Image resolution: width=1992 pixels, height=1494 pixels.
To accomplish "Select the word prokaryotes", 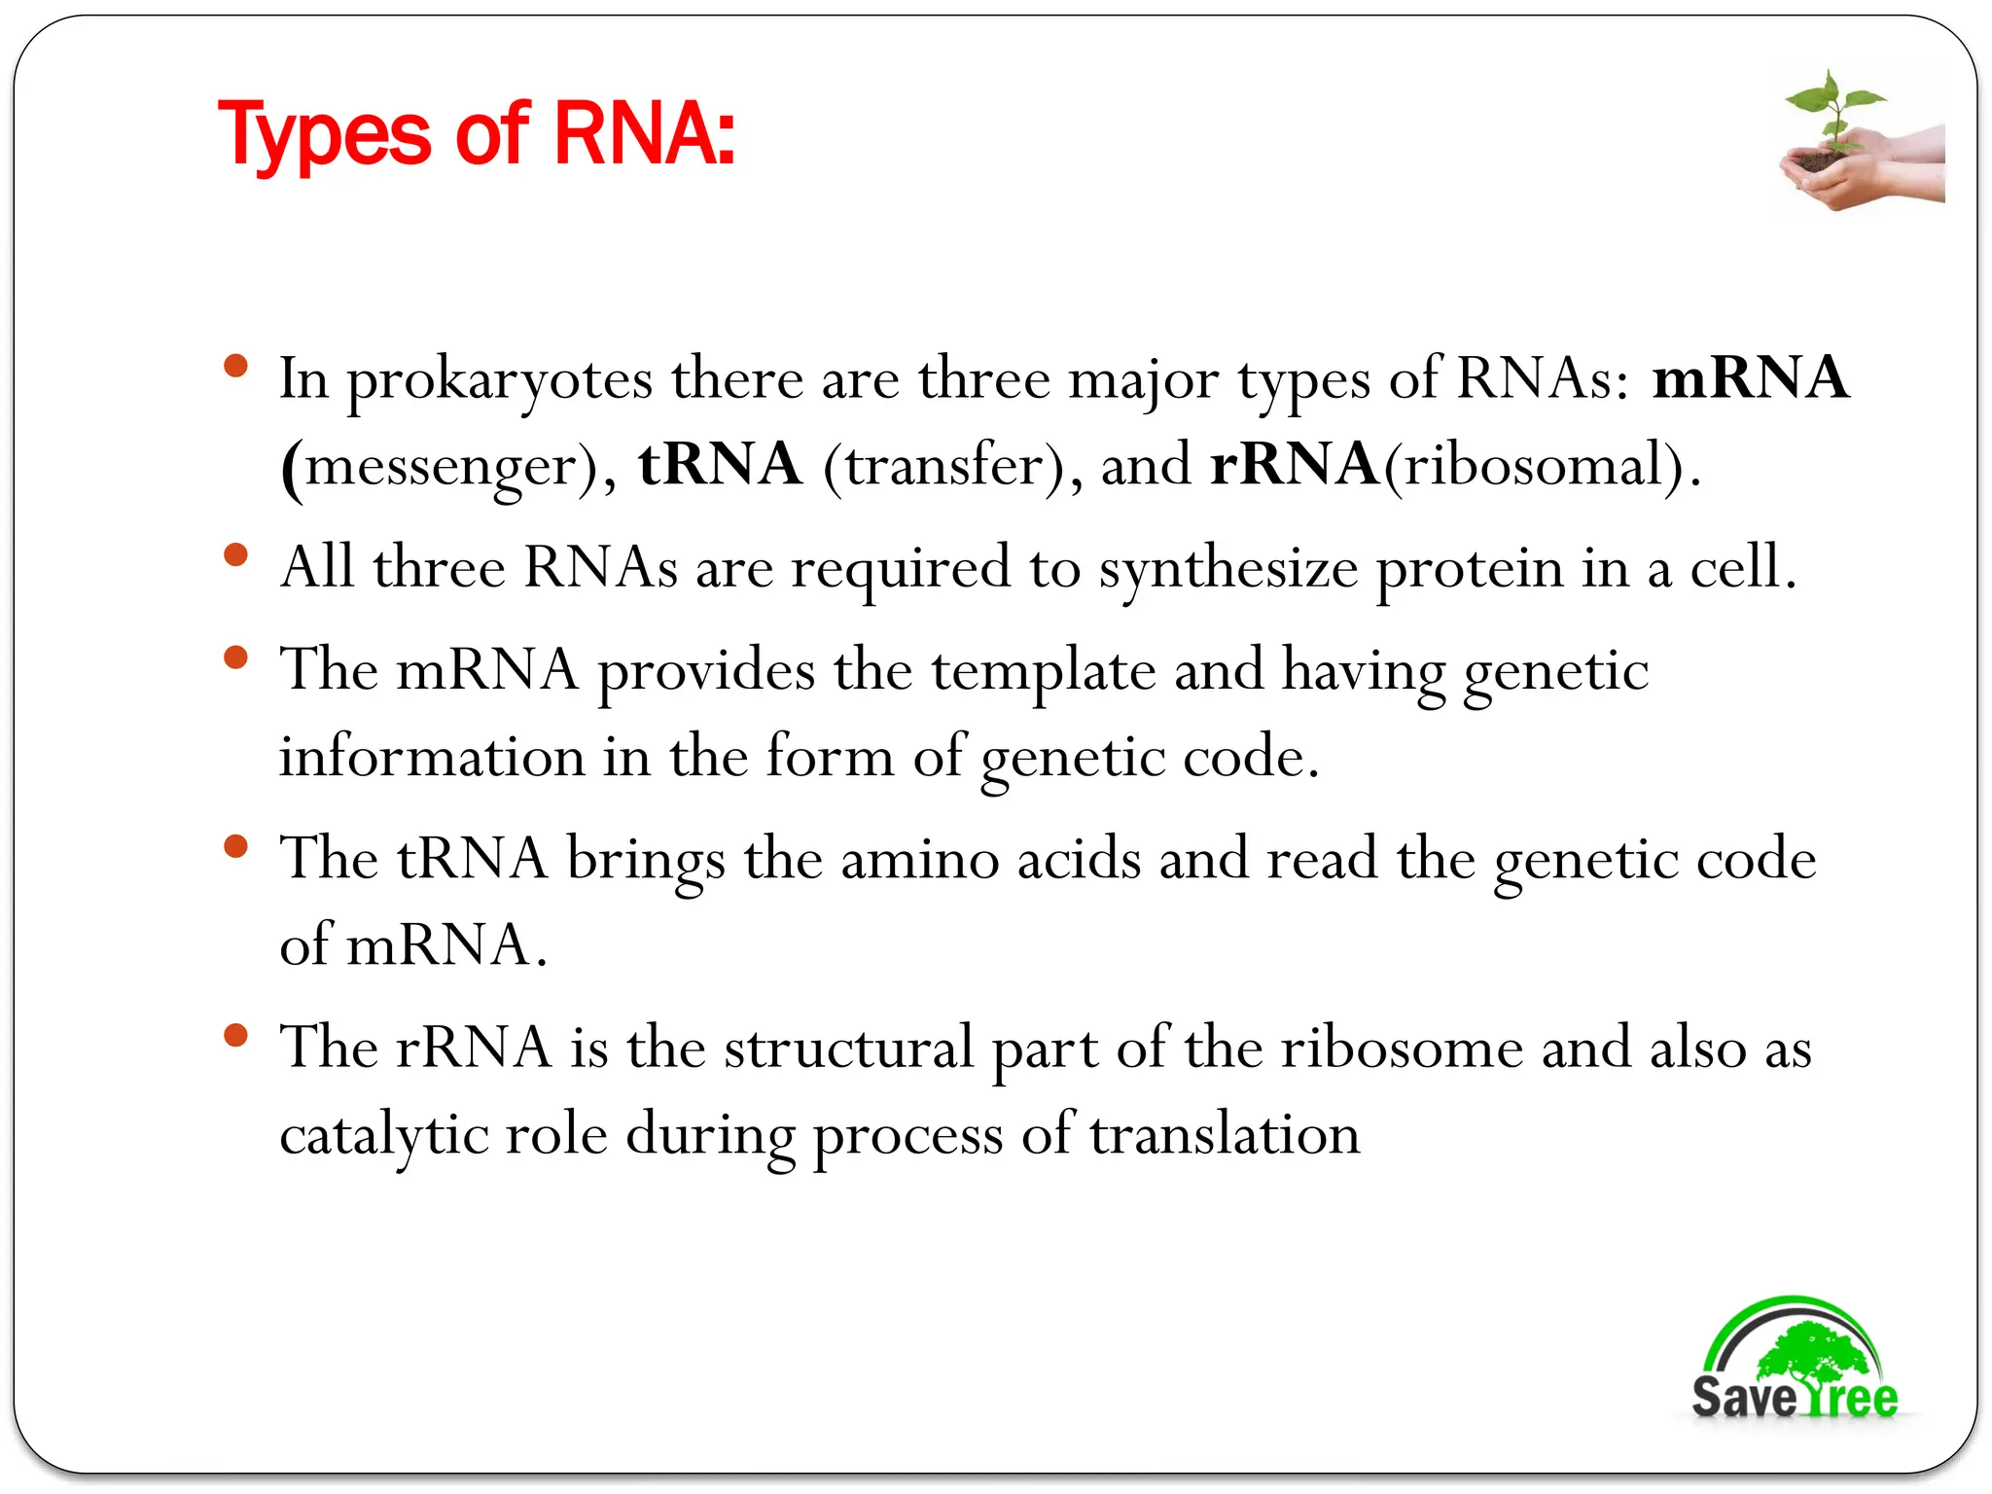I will pos(500,379).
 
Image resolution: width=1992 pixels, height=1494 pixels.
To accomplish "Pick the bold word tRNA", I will pos(720,465).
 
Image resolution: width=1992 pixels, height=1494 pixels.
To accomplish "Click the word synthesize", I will pos(1227,568).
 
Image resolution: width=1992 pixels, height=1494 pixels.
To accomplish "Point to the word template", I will pos(1043,671).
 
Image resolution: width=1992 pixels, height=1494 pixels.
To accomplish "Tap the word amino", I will pos(919,860).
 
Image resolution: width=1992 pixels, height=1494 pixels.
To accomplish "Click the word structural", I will pos(848,1049).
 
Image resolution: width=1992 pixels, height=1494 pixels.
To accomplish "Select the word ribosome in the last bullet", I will pos(1401,1049).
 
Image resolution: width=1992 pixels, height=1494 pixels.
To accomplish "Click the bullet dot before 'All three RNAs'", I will pos(235,555).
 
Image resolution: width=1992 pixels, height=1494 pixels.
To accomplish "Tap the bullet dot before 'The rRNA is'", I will pos(235,1035).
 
